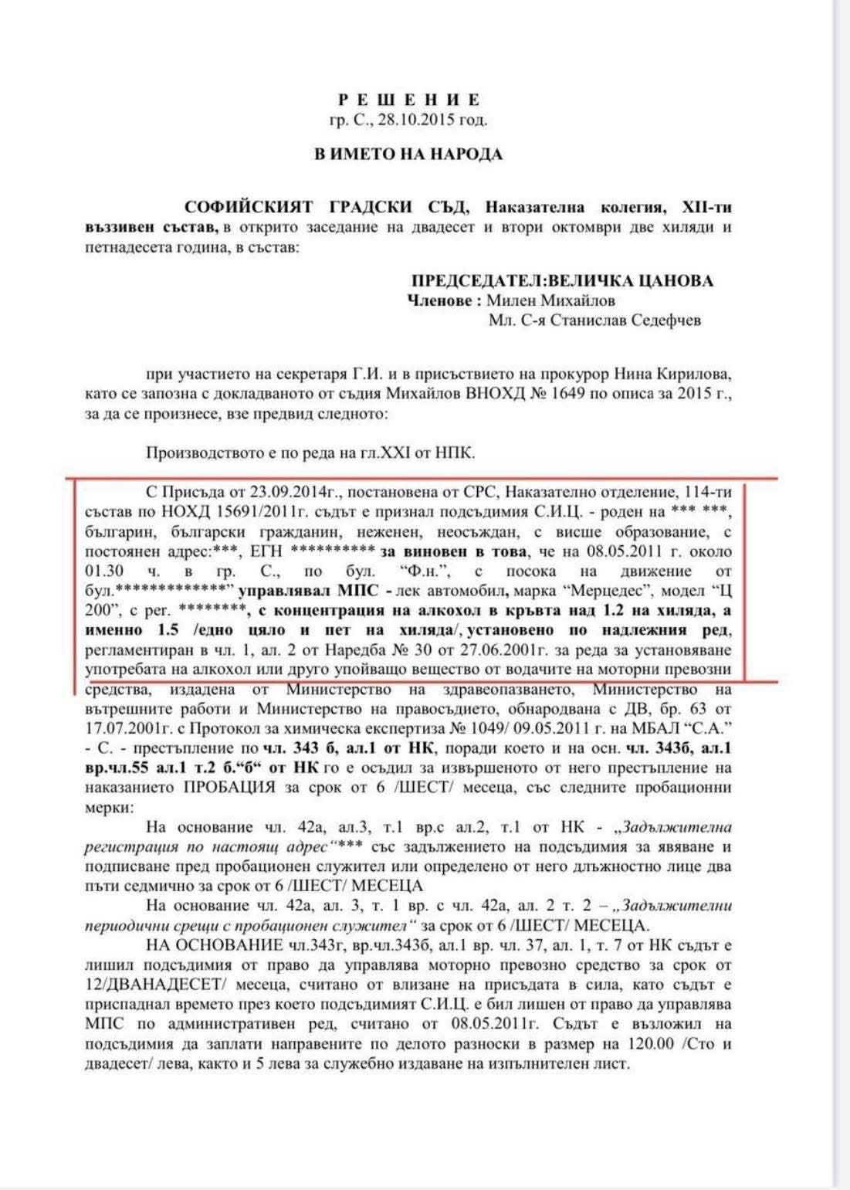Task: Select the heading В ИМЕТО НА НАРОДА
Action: (408, 154)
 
